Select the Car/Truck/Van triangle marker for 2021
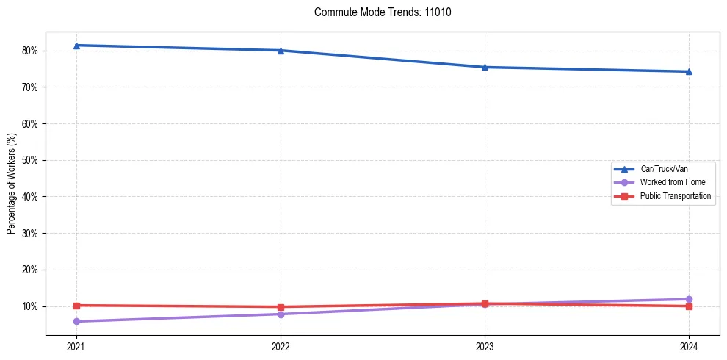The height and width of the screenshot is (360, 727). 76,46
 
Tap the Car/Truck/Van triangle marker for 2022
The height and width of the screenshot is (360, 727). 281,51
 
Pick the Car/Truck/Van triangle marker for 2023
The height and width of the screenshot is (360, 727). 485,67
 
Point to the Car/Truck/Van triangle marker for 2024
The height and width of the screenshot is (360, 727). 689,71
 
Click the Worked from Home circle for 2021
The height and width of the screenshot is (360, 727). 76,321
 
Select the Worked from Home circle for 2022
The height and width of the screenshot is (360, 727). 281,314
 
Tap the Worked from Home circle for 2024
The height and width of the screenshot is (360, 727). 689,299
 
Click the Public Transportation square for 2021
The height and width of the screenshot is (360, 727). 76,305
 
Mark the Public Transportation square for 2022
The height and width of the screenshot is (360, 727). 281,307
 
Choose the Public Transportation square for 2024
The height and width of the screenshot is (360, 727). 689,306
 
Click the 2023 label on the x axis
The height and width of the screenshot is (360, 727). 485,346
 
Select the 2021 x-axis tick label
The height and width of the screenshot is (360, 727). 76,346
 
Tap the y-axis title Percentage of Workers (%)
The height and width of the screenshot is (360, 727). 11,184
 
